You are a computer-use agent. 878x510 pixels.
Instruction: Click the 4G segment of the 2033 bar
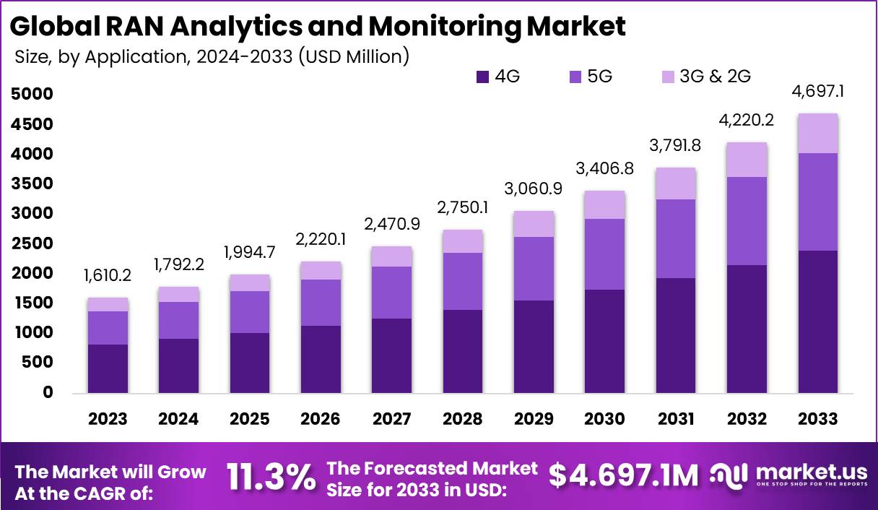[817, 322]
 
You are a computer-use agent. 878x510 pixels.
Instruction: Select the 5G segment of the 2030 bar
[605, 254]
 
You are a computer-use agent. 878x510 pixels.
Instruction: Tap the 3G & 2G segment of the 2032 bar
[747, 160]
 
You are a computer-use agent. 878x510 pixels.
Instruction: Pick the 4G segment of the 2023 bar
[108, 368]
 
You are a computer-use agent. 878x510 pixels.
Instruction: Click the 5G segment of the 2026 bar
[321, 303]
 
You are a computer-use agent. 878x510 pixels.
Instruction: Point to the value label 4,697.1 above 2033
[818, 92]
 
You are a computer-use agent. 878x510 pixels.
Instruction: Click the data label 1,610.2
[108, 277]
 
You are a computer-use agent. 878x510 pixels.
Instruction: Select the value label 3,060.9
[534, 190]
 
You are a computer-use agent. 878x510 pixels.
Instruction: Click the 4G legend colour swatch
[483, 76]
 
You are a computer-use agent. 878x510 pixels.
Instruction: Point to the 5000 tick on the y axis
[32, 95]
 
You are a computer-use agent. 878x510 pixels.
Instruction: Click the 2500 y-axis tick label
[32, 243]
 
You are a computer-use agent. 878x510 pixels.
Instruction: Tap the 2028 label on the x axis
[463, 419]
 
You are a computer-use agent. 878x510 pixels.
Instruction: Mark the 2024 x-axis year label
[178, 419]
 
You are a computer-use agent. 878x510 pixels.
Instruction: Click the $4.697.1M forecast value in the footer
[624, 476]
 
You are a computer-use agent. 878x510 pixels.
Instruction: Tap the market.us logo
[787, 476]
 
